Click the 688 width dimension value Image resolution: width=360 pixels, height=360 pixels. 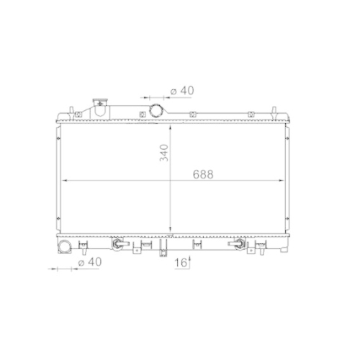202,174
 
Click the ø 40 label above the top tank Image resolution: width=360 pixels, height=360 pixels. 182,91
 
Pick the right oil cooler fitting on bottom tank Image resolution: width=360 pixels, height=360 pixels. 235,246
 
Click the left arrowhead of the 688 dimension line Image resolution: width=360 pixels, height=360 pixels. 64,179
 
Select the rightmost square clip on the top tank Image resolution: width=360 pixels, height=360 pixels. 250,114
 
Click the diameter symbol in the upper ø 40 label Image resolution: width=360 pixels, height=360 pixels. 174,91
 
